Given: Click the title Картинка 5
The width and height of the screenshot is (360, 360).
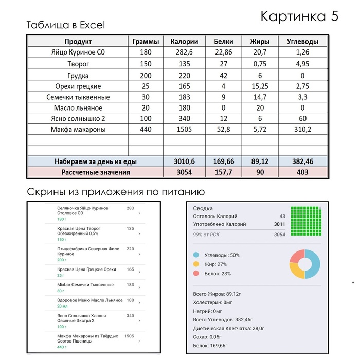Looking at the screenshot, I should pos(299,15).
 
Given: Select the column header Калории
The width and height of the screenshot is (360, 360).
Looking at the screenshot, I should pos(184,42).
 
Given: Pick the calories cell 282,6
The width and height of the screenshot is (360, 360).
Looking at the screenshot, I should pos(184,52).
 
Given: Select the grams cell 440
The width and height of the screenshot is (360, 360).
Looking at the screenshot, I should pos(146,130).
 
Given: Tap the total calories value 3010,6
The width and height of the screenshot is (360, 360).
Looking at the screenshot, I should pos(184,161).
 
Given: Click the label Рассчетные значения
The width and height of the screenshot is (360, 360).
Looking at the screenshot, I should pos(96,172).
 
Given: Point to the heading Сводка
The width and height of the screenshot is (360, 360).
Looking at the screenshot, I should pos(203,209).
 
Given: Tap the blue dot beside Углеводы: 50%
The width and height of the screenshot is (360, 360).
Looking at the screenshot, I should pos(196,255).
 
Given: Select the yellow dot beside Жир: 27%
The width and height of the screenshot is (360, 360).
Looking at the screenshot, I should pos(196,264).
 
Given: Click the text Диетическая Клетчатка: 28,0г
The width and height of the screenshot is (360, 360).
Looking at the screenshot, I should pos(229,328).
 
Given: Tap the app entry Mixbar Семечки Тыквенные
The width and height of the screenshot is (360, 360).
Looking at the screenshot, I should pos(85,284).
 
